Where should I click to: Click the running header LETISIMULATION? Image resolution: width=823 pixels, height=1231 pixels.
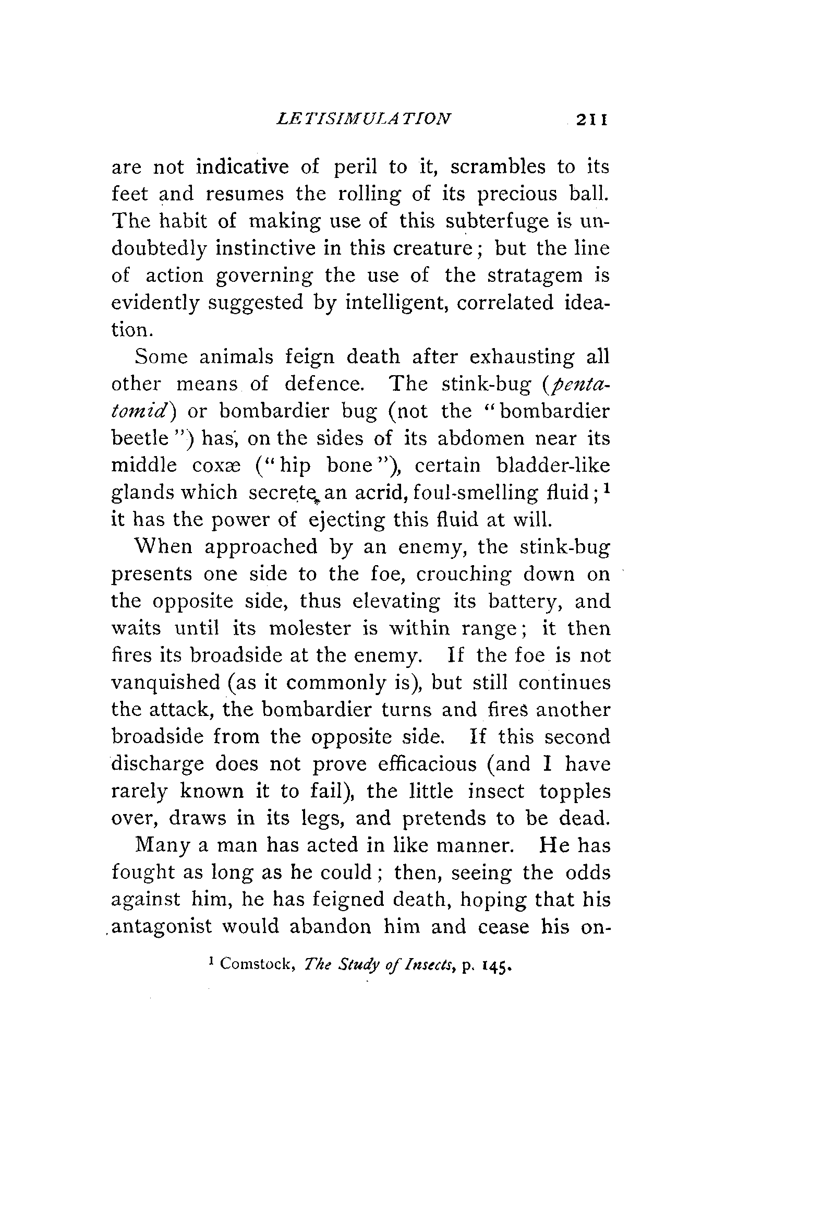coord(363,118)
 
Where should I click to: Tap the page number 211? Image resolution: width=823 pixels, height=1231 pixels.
coord(591,119)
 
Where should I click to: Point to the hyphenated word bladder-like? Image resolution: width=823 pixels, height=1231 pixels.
coord(553,465)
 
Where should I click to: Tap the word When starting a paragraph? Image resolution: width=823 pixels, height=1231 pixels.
coord(164,547)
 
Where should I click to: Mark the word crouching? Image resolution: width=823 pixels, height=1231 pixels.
coord(464,574)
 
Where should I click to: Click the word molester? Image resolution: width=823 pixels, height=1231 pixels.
coord(310,628)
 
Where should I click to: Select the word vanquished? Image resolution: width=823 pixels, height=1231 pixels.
coord(165,683)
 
